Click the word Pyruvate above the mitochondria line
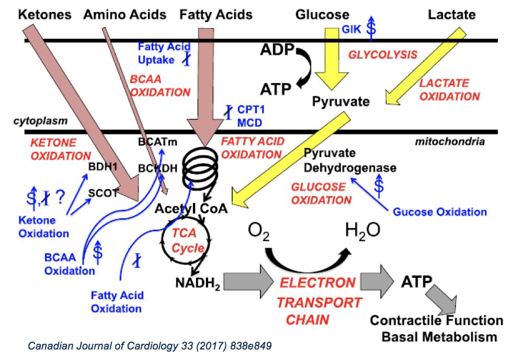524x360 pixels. point(340,101)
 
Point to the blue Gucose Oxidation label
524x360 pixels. point(439,212)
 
